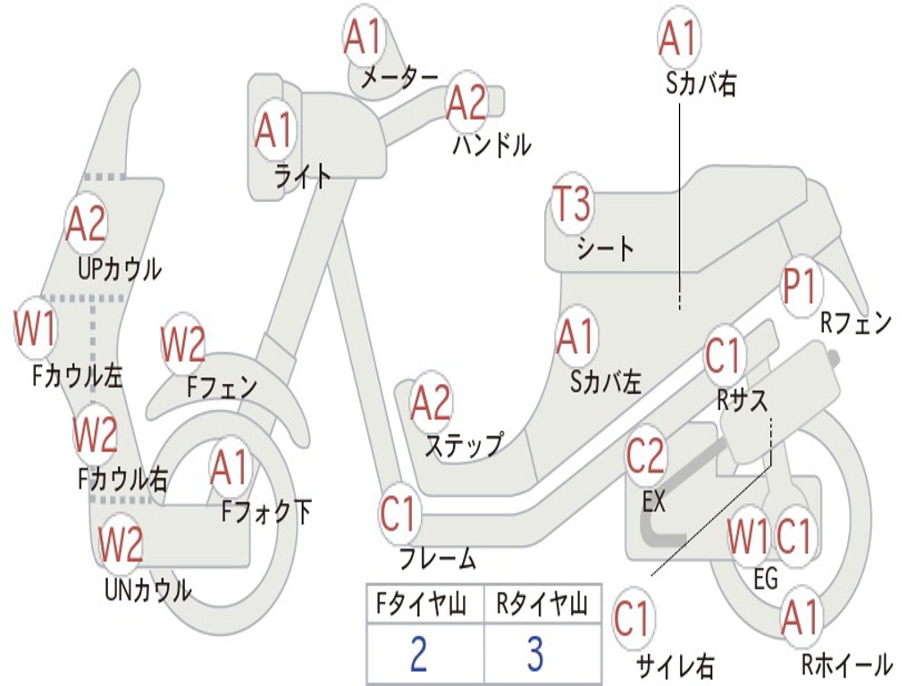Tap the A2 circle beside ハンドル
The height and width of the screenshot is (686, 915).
click(466, 104)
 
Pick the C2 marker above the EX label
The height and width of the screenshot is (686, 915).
click(645, 457)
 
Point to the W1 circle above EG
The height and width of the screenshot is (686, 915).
click(747, 538)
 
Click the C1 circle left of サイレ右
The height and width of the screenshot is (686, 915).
click(633, 619)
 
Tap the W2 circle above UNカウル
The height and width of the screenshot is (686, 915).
click(120, 544)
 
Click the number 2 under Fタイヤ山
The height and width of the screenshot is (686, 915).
click(418, 656)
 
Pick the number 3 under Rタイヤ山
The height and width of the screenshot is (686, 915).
click(534, 656)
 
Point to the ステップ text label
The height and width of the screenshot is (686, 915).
click(463, 444)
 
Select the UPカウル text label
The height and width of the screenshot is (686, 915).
click(119, 268)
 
